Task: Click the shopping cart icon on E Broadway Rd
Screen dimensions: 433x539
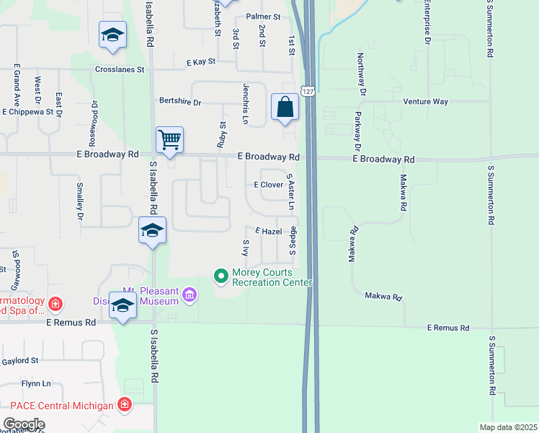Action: [169, 140]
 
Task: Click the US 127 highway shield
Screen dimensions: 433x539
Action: [308, 92]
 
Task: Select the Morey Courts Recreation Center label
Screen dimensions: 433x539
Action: [272, 277]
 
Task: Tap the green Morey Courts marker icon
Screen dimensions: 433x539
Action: [220, 276]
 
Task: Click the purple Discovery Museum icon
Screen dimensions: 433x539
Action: [190, 294]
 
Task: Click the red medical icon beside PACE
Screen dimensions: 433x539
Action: [125, 404]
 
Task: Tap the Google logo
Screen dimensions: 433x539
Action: [24, 424]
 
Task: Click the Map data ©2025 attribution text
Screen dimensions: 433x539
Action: [508, 427]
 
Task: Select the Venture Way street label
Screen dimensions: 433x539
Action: [426, 102]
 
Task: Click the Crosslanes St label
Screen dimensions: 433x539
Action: [120, 70]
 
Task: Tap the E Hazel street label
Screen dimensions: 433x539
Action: [268, 232]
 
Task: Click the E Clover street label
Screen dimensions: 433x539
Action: [268, 185]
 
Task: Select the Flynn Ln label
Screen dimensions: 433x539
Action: [36, 384]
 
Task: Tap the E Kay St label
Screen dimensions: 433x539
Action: [202, 64]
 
